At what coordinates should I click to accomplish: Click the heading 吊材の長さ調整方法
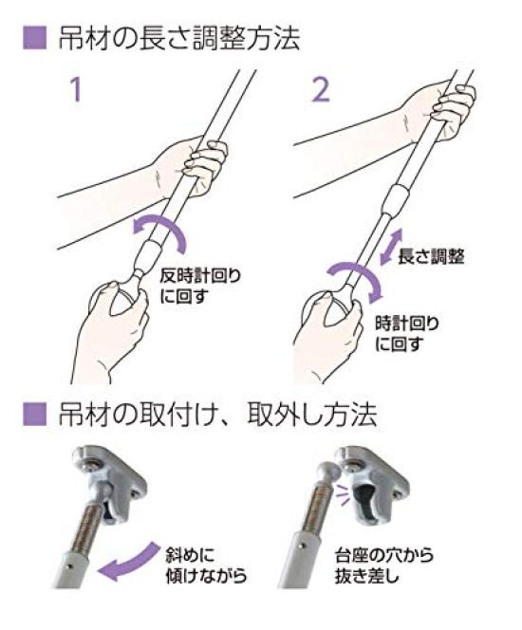pyautogui.click(x=179, y=39)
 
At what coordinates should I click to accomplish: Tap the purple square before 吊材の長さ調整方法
pyautogui.click(x=34, y=39)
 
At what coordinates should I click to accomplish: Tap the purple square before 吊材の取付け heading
pyautogui.click(x=34, y=415)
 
